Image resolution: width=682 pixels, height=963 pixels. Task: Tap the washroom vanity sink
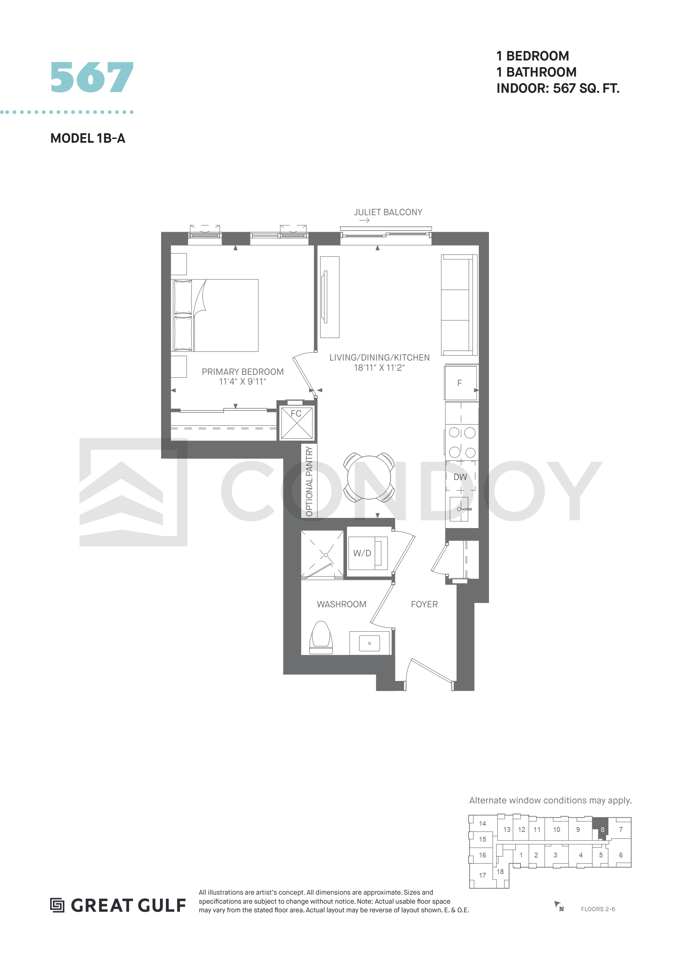(x=370, y=643)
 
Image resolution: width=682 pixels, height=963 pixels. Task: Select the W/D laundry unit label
(x=362, y=553)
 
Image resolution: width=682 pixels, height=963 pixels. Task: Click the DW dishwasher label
(x=460, y=477)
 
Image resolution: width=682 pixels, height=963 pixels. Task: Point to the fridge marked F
(x=461, y=383)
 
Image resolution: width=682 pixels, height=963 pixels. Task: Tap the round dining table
(x=369, y=477)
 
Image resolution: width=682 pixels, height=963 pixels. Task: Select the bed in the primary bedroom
(x=215, y=315)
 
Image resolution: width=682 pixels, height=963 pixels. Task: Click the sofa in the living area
(x=459, y=305)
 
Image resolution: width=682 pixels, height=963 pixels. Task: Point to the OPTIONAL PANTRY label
(x=309, y=481)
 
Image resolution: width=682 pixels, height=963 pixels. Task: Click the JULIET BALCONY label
(x=388, y=212)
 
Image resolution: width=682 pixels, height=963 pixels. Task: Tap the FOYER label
(x=424, y=604)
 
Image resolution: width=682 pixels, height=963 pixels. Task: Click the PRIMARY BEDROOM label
(x=243, y=372)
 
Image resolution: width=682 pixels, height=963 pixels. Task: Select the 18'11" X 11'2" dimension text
(x=379, y=367)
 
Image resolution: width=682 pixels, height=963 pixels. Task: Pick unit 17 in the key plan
(x=483, y=875)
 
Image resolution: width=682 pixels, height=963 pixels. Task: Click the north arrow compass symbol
(x=558, y=906)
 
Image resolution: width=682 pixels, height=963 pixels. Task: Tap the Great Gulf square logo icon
(x=57, y=906)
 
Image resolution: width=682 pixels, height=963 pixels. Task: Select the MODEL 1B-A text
(x=88, y=138)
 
